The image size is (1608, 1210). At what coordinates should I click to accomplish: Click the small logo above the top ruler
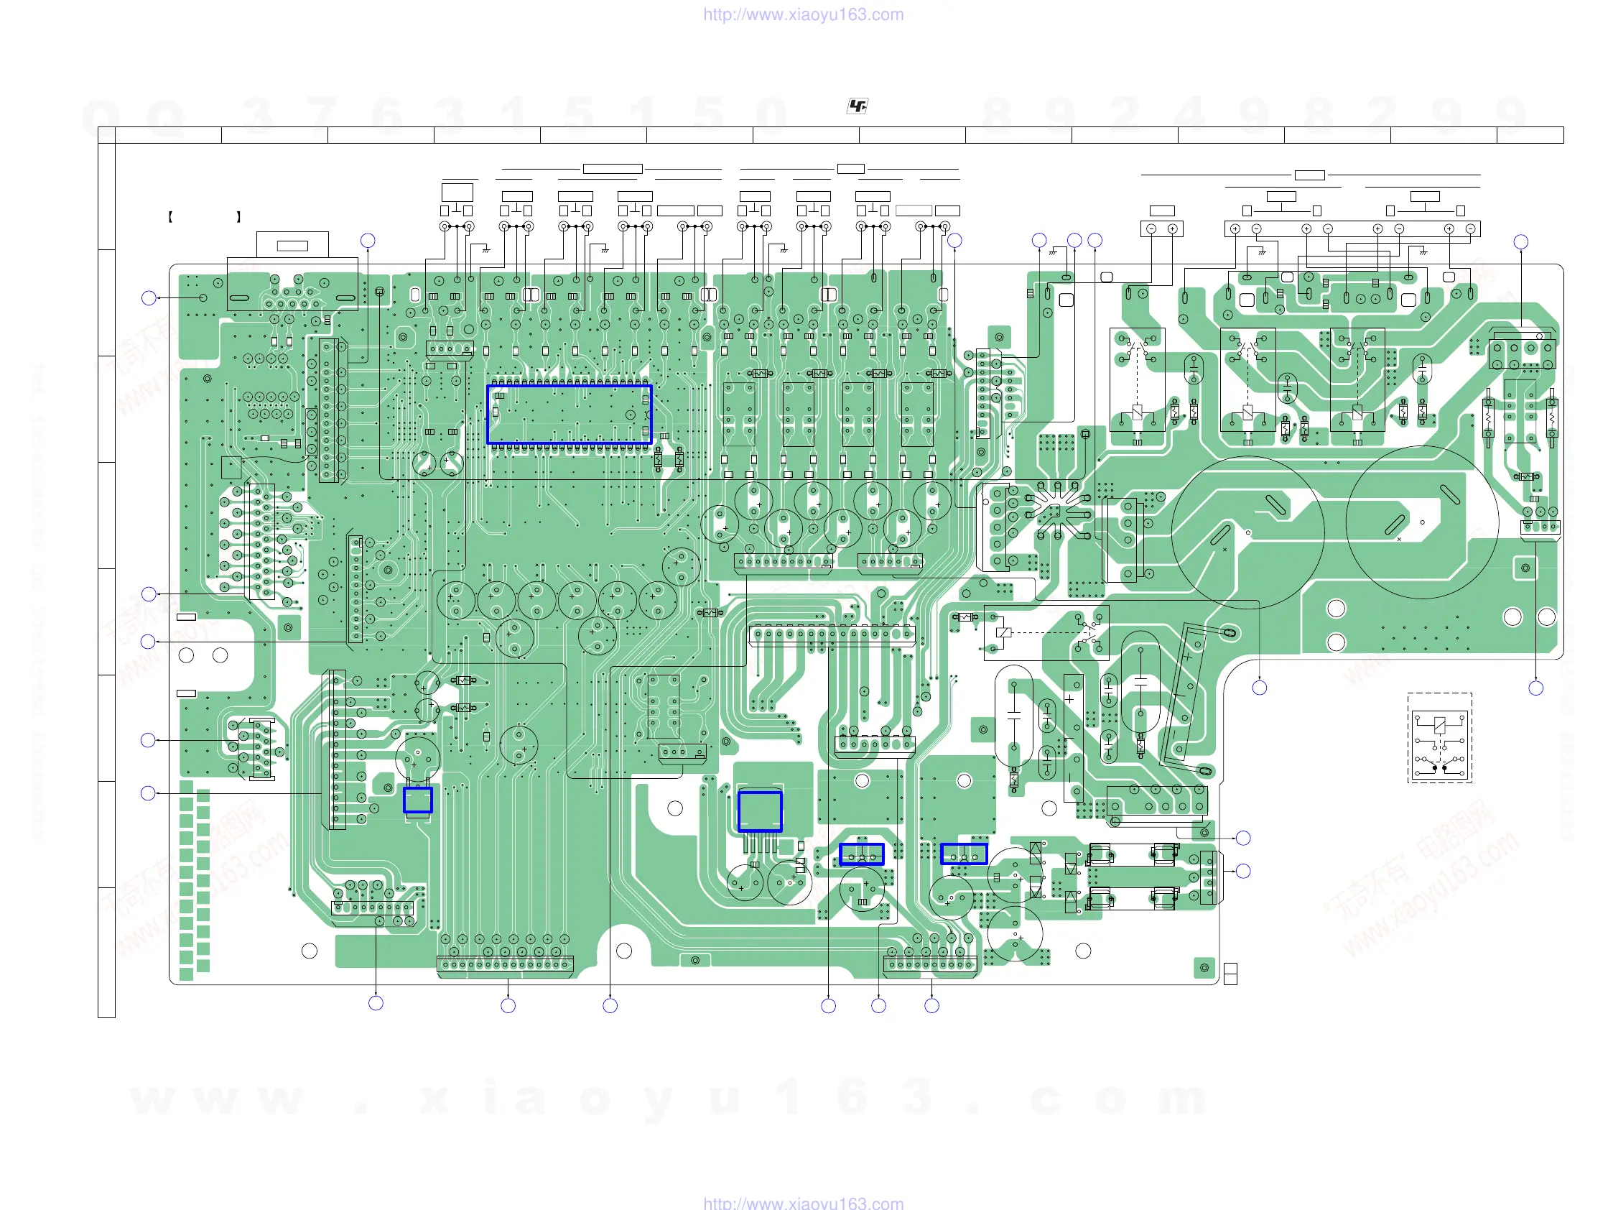(x=857, y=106)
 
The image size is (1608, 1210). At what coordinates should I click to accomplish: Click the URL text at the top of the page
(x=803, y=14)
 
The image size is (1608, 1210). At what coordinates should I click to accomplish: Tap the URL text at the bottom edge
(x=803, y=1203)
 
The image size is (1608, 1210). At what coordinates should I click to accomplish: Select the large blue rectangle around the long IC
(x=570, y=414)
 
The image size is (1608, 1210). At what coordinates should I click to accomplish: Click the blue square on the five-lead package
(x=760, y=810)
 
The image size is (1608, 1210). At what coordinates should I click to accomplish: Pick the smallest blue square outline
(x=418, y=800)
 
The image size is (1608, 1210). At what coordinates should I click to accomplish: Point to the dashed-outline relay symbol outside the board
(x=1439, y=737)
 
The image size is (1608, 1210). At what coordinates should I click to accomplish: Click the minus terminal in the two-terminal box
(x=1151, y=229)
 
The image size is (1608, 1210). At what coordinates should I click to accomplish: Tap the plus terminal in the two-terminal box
(x=1172, y=229)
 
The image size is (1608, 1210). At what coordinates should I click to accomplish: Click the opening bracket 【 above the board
(x=170, y=217)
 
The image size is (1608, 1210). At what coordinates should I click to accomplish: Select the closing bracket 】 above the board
(x=238, y=217)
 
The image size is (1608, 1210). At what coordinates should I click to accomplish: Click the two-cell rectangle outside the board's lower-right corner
(x=1230, y=973)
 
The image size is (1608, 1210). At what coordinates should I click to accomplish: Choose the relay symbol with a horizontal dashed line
(x=1046, y=632)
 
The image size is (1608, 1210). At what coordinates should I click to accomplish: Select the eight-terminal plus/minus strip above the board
(x=1352, y=229)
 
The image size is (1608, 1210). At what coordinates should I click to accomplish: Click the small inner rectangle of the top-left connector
(x=292, y=246)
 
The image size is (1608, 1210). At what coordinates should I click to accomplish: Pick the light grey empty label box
(x=913, y=211)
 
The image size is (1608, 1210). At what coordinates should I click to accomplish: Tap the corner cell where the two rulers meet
(x=106, y=134)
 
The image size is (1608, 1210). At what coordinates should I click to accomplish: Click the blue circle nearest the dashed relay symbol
(x=1535, y=688)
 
